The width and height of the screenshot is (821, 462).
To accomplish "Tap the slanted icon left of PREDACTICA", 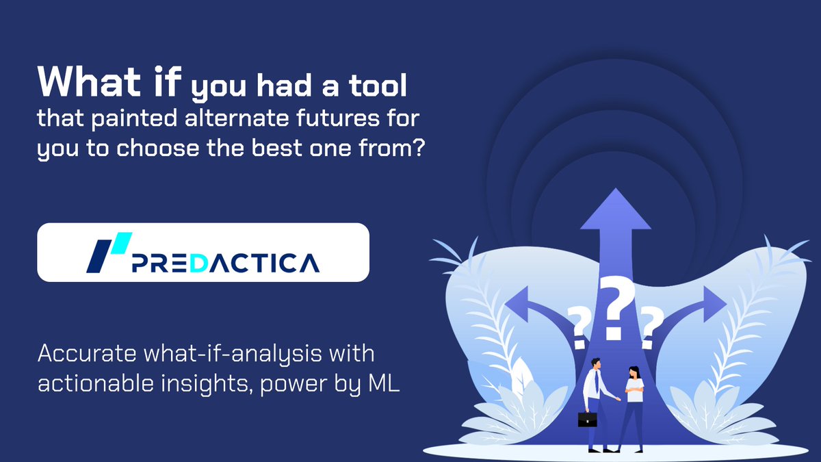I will pos(107,253).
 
